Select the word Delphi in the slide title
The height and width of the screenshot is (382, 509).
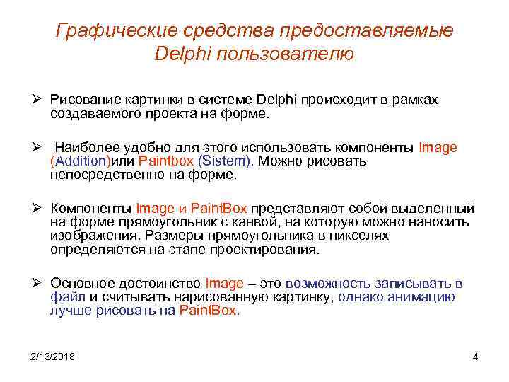click(180, 54)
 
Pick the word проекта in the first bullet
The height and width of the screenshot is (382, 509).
click(176, 114)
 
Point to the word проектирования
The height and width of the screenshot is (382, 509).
click(269, 250)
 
